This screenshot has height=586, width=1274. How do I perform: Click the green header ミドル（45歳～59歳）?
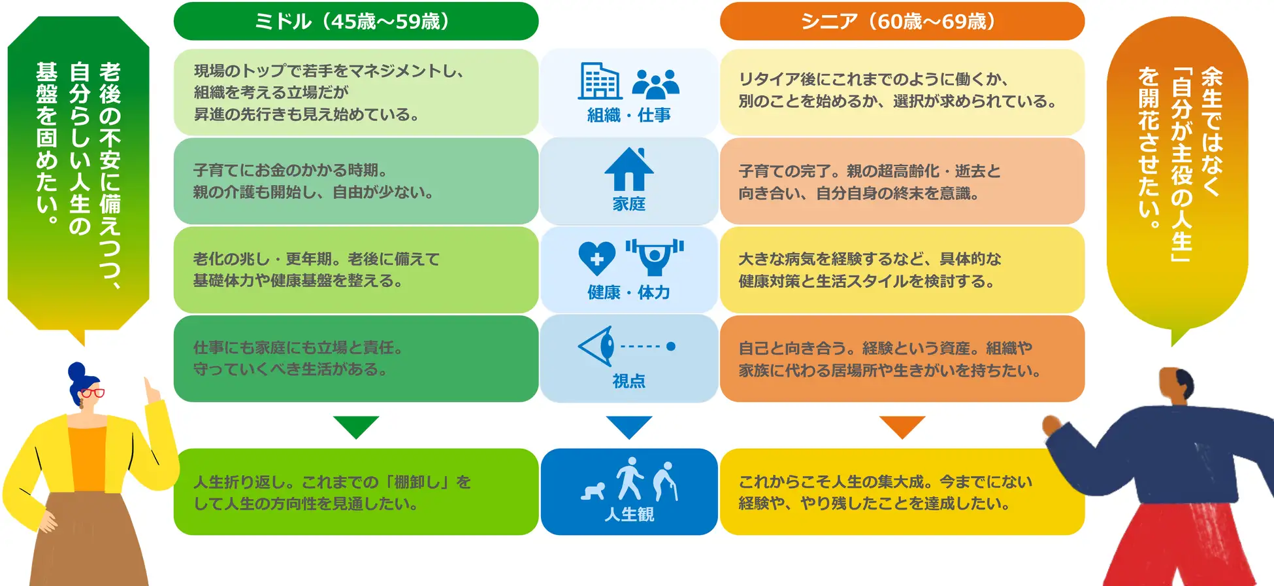356,21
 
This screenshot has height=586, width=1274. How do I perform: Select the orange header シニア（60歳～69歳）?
902,21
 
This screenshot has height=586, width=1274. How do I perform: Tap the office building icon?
600,81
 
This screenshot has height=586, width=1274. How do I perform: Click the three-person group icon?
656,84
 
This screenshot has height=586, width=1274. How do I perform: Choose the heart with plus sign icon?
596,258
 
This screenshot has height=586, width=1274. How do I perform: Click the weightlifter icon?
655,256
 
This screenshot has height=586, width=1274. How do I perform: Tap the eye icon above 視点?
597,346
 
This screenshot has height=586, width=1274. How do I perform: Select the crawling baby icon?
593,491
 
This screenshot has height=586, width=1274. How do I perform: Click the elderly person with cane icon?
666,481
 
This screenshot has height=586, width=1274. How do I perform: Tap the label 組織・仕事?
629,115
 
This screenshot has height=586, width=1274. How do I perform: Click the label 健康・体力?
629,292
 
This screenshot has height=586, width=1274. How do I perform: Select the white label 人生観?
629,514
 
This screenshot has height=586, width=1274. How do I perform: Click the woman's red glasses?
91,393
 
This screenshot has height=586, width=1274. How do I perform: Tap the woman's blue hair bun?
77,371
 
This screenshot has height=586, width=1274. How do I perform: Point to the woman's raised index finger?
149,385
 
